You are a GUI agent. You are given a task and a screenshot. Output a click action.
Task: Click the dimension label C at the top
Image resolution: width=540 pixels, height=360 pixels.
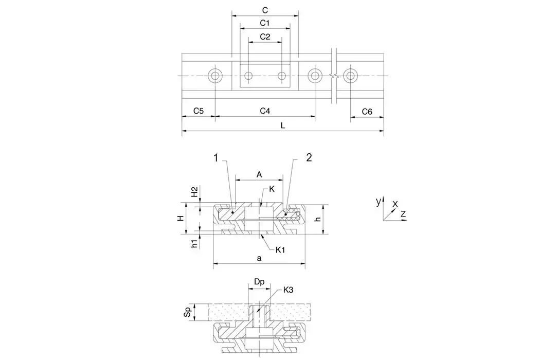pos(264,10)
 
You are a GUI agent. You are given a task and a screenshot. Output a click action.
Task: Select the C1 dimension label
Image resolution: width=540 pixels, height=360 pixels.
pos(264,23)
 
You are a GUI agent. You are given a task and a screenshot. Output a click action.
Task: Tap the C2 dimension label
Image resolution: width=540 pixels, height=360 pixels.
pos(264,37)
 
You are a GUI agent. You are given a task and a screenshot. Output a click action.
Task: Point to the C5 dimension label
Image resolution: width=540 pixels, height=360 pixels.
pos(198,111)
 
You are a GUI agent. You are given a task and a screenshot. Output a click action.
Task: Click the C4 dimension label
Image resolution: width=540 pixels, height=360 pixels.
pos(264,111)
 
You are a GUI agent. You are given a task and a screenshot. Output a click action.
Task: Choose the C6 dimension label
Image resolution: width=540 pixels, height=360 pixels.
pos(367,112)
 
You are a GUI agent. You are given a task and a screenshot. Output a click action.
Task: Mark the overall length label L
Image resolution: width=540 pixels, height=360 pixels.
pos(283,125)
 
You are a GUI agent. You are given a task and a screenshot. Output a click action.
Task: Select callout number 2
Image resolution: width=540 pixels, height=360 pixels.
pos(309,158)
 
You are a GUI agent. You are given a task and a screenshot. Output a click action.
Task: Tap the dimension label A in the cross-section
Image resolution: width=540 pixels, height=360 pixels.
pos(259,175)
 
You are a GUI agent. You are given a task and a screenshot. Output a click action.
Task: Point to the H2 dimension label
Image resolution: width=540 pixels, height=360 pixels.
pos(194,193)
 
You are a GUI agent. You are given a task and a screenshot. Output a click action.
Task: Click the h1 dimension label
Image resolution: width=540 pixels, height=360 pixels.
pos(194,243)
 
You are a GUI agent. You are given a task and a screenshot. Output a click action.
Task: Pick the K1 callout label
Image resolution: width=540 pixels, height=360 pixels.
pos(280,250)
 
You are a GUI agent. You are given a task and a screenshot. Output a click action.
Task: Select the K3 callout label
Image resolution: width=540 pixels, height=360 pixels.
pos(289,290)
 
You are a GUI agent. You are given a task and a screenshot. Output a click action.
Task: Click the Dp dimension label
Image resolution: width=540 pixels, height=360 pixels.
pos(259,282)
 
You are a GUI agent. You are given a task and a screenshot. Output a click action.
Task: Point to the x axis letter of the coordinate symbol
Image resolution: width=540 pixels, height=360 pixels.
pos(395,203)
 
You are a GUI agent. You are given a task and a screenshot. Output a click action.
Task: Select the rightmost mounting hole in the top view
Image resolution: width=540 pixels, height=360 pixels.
pos(350,76)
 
